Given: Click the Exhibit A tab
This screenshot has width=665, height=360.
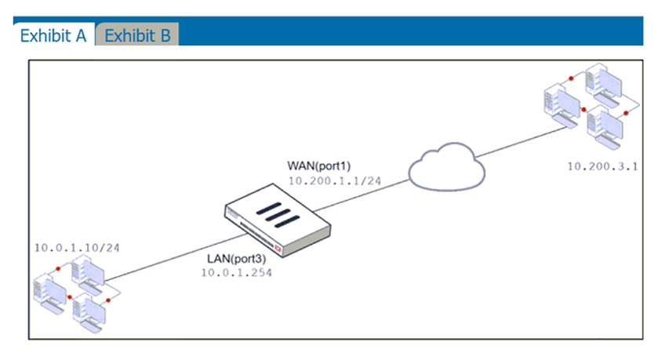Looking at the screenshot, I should [52, 35].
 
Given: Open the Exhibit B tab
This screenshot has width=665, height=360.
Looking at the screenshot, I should [137, 35].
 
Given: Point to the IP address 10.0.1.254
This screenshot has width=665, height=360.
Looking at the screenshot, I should [233, 272].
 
